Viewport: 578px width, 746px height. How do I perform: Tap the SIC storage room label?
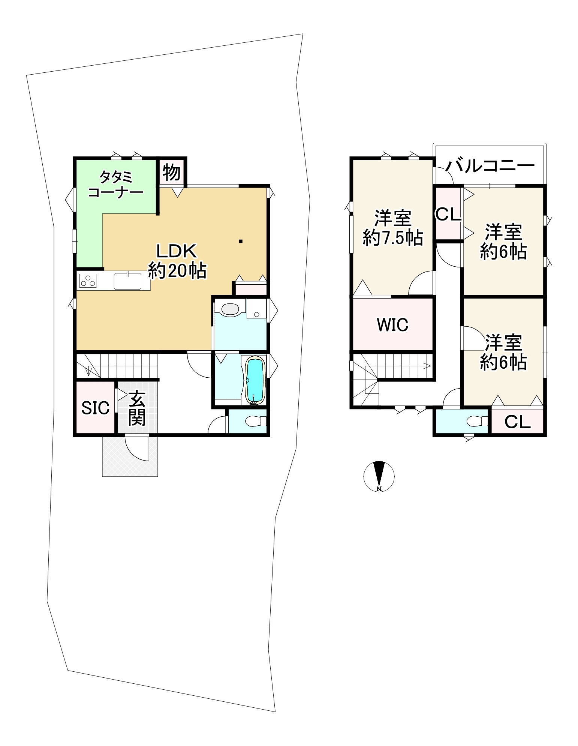(95, 408)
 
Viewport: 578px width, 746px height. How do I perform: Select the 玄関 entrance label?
(137, 408)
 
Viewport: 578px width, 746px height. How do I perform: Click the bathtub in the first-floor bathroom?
(255, 380)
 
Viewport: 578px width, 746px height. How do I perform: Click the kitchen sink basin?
(127, 281)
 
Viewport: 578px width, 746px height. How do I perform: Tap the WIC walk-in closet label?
(392, 325)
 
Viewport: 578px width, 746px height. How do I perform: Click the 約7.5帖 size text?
(393, 237)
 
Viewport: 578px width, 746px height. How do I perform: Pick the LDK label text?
(177, 251)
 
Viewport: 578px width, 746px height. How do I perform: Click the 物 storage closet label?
(172, 173)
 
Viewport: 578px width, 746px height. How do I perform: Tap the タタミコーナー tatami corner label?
(115, 184)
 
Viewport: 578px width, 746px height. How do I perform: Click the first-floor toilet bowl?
(255, 422)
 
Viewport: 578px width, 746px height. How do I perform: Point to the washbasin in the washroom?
(230, 309)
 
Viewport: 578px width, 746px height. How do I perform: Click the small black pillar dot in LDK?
(241, 241)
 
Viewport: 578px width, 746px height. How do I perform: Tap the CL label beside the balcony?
(448, 214)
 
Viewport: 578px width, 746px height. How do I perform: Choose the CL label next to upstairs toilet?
(517, 422)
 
